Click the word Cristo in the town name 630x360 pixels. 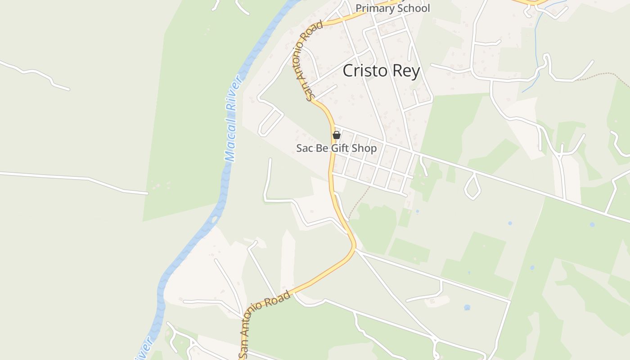(364, 71)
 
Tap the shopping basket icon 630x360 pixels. (336, 135)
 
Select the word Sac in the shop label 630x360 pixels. (304, 148)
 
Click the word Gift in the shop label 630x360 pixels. (340, 148)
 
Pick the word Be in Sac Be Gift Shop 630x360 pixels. (322, 148)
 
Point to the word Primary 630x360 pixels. (373, 8)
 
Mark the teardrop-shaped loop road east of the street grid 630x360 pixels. (472, 187)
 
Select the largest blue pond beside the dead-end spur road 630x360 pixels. (467, 307)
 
